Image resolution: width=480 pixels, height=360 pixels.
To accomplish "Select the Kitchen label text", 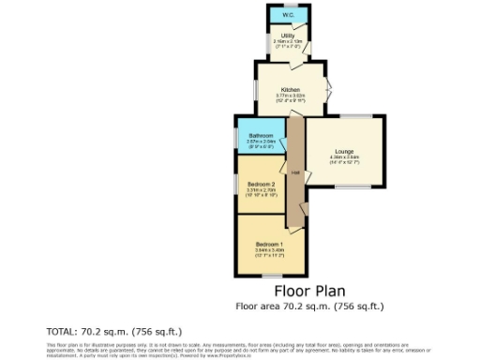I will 291,89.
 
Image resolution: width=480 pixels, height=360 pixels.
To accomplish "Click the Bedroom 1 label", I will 267,245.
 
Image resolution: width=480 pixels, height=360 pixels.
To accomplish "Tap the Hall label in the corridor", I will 294,172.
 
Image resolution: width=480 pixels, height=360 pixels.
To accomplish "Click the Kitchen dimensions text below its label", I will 291,96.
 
